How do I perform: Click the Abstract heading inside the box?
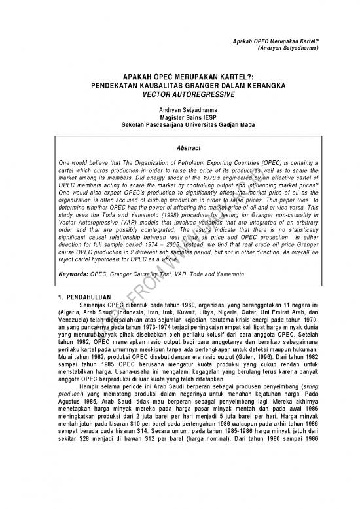(x=179, y=148)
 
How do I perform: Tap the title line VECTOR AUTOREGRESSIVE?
(x=179, y=94)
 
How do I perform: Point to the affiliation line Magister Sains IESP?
(x=179, y=116)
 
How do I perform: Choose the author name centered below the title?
(x=179, y=108)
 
